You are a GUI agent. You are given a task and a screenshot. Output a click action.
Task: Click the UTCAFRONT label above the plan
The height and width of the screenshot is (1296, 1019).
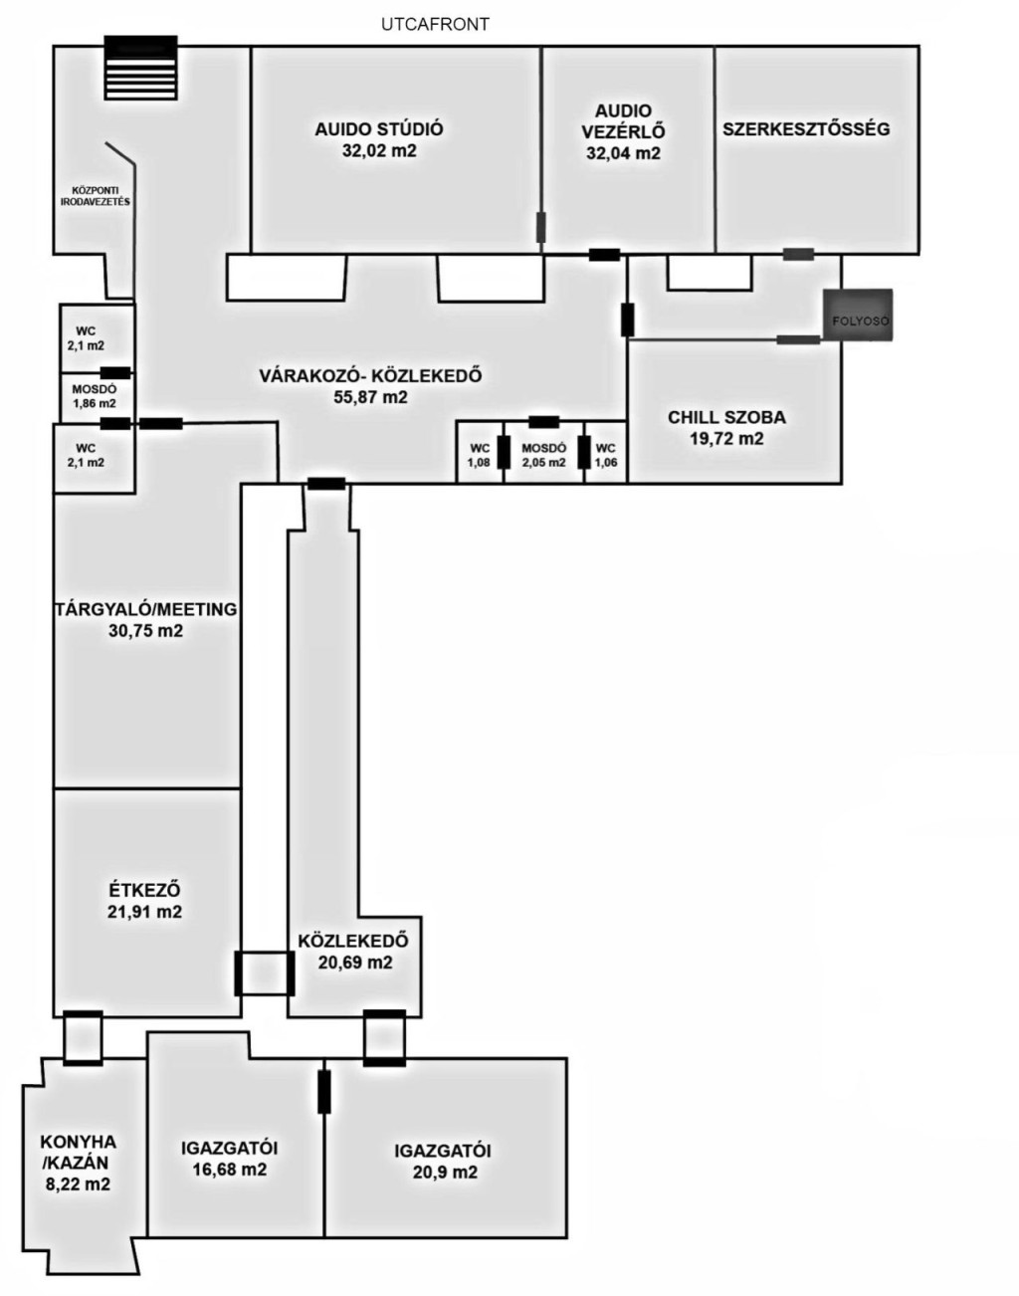pos(435,24)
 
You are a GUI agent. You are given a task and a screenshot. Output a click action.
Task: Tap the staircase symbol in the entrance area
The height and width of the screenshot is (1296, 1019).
pos(141,68)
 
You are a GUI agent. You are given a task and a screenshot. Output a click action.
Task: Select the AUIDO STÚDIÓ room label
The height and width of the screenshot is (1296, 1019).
pos(379,128)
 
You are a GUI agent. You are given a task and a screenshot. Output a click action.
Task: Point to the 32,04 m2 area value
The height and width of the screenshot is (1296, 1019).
pos(623,153)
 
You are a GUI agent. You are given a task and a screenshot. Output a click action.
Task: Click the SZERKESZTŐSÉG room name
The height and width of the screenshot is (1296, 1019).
pos(806,128)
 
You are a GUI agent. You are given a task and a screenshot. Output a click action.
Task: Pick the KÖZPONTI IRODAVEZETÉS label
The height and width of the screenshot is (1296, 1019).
pos(95,196)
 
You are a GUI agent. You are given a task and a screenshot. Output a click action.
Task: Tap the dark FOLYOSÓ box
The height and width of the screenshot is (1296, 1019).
pos(858,315)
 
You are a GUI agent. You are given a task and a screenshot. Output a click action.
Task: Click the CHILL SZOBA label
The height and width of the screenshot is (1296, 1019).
pos(726,417)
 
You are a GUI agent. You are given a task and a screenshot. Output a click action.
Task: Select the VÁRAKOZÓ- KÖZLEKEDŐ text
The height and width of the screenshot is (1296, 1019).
pos(370,376)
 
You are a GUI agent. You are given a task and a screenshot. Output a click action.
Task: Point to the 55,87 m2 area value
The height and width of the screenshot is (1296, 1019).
pos(370,397)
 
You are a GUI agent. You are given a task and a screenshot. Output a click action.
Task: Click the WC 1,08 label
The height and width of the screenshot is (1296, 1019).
pos(480,455)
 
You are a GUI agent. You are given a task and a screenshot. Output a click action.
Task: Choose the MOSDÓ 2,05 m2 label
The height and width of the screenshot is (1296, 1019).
pos(543,455)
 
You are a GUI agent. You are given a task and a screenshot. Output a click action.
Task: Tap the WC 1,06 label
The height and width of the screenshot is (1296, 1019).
pos(606,455)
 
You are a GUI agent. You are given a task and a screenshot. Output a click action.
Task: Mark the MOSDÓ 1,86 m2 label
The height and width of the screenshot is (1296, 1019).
pos(95,396)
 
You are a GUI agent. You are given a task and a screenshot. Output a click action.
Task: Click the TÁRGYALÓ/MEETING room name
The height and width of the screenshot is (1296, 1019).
pos(145,609)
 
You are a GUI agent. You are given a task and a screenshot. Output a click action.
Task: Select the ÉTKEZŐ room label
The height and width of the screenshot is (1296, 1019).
pos(144,890)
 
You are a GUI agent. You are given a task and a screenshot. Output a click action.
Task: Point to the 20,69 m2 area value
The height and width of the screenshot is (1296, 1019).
pos(355,963)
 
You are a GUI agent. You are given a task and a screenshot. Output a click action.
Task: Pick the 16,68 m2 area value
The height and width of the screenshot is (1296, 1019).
pos(230,1170)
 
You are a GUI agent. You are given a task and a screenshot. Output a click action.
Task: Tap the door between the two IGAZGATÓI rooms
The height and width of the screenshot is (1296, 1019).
pos(324,1091)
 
